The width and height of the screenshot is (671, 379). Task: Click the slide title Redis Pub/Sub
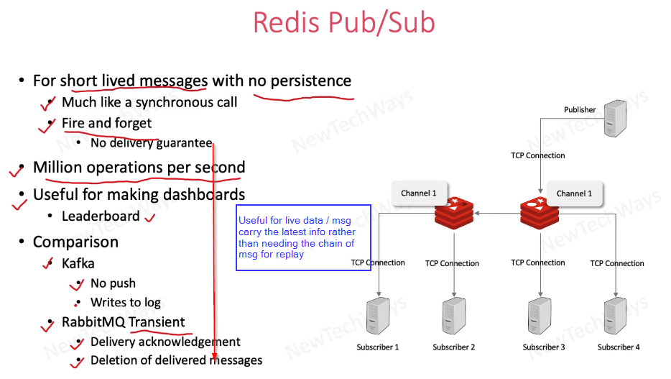pos(343,23)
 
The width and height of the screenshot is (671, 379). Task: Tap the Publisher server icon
pos(614,118)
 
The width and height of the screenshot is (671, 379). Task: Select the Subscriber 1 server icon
pos(377,315)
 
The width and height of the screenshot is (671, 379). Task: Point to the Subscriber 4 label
pos(618,347)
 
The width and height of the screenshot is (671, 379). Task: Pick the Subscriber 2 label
pos(453,347)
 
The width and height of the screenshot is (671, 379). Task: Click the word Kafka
pos(78,264)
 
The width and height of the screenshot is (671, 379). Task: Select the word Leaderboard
pos(101,216)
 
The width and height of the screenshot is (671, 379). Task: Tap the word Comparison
pos(75,242)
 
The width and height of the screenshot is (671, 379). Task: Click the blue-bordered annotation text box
pos(303,237)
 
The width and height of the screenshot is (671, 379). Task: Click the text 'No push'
pos(113,283)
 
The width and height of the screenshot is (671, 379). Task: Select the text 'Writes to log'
pos(125,303)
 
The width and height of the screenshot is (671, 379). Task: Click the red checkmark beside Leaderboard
pos(150,216)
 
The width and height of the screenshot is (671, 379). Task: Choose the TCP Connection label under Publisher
pos(537,155)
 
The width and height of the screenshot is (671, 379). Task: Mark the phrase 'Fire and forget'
pos(106,123)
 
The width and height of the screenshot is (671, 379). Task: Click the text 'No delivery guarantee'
pos(151,143)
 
